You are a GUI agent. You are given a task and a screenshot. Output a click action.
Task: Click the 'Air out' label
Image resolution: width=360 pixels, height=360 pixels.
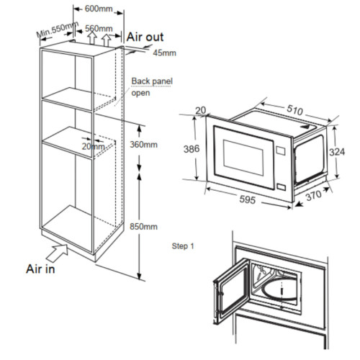(x=145, y=36)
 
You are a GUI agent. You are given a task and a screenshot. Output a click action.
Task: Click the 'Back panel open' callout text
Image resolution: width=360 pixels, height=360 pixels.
(x=151, y=87)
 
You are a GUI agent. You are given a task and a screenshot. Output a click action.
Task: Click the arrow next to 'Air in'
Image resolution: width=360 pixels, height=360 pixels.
(x=58, y=251)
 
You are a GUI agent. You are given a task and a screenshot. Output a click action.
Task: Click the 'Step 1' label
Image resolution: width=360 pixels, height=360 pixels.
(x=183, y=246)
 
